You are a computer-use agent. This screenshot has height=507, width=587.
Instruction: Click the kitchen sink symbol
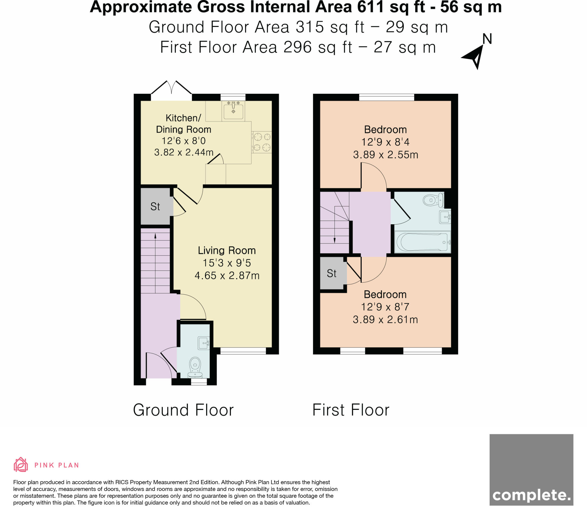tap(233, 111)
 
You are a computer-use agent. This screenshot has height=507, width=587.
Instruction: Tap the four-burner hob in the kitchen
tap(262, 142)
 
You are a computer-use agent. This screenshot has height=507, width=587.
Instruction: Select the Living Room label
tap(226, 251)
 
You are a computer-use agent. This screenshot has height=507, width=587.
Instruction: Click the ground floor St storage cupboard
tap(155, 206)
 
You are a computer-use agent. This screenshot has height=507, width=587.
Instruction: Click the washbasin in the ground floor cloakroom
tap(204, 343)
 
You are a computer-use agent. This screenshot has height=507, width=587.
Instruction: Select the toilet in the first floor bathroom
tap(433, 200)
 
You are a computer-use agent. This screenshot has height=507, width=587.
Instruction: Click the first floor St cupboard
tap(332, 273)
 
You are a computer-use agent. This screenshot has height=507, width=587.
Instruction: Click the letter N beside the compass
tap(487, 39)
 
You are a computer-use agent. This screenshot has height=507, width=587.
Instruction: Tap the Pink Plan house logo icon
tap(21, 464)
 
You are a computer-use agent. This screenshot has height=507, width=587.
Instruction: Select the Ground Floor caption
tap(183, 410)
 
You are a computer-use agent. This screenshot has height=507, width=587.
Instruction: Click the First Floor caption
tap(351, 410)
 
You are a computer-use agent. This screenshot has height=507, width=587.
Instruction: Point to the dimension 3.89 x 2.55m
tap(386, 155)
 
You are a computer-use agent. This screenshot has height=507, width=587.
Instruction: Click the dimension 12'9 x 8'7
tap(385, 307)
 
